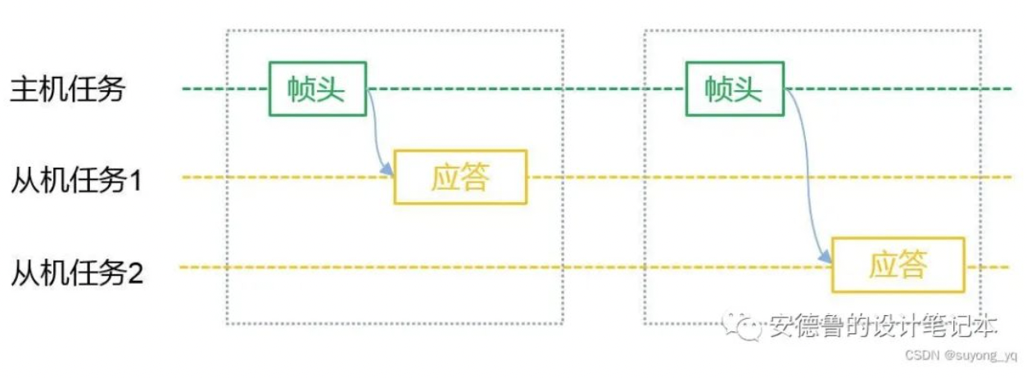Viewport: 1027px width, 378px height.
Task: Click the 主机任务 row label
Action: pyautogui.click(x=67, y=88)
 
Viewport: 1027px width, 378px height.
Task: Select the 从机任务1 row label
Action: pyautogui.click(x=76, y=179)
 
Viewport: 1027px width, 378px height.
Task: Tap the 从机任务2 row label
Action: pyautogui.click(x=76, y=271)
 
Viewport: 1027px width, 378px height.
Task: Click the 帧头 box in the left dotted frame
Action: pyautogui.click(x=318, y=88)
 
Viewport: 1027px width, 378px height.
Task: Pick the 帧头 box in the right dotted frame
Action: pyautogui.click(x=735, y=88)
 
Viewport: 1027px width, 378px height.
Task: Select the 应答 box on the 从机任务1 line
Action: pyautogui.click(x=461, y=178)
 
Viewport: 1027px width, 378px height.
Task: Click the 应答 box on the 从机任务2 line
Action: pyautogui.click(x=898, y=265)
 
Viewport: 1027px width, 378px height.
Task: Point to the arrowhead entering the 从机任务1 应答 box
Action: pyautogui.click(x=390, y=172)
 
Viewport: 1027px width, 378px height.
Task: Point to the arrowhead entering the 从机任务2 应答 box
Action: pyautogui.click(x=827, y=260)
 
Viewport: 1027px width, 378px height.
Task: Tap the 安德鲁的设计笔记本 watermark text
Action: pyautogui.click(x=882, y=327)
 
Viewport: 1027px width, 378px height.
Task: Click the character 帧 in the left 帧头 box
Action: pyautogui.click(x=302, y=88)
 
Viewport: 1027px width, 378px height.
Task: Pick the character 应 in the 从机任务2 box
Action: pyautogui.click(x=883, y=265)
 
